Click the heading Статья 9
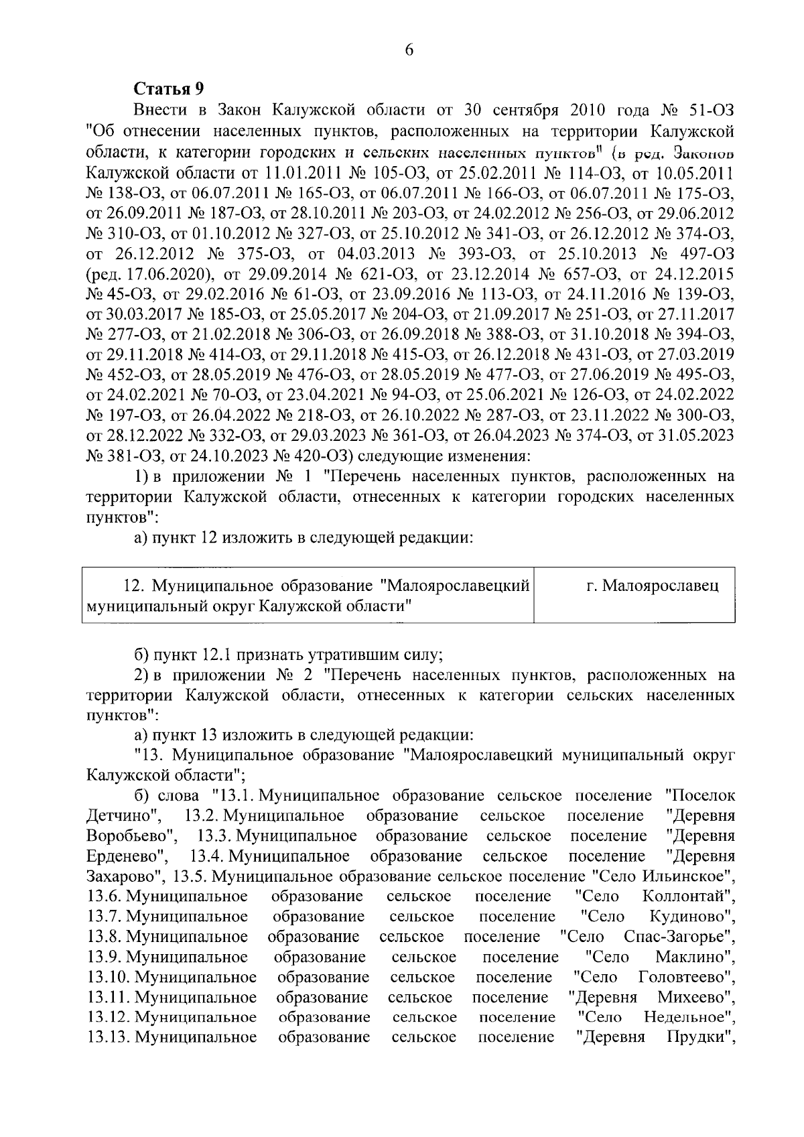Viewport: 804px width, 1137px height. [x=168, y=89]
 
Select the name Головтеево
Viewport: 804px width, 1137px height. [x=683, y=977]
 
